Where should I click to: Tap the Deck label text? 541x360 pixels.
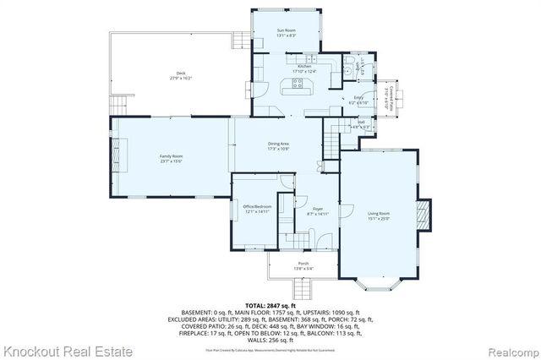pos(181,74)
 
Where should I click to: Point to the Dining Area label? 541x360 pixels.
pos(279,145)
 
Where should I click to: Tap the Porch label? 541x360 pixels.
pos(303,264)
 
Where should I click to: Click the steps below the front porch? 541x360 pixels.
pos(303,288)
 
